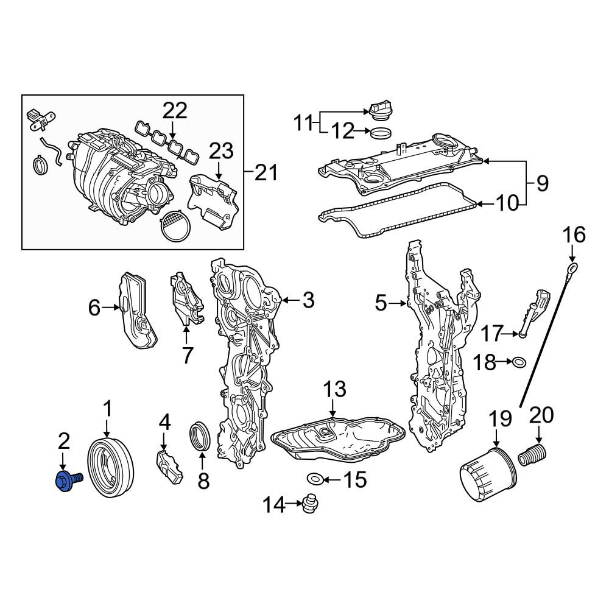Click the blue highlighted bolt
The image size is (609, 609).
coord(68,480)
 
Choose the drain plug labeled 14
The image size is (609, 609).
coord(311,504)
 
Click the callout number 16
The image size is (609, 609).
coord(574,235)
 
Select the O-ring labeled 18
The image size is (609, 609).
coord(519,362)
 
